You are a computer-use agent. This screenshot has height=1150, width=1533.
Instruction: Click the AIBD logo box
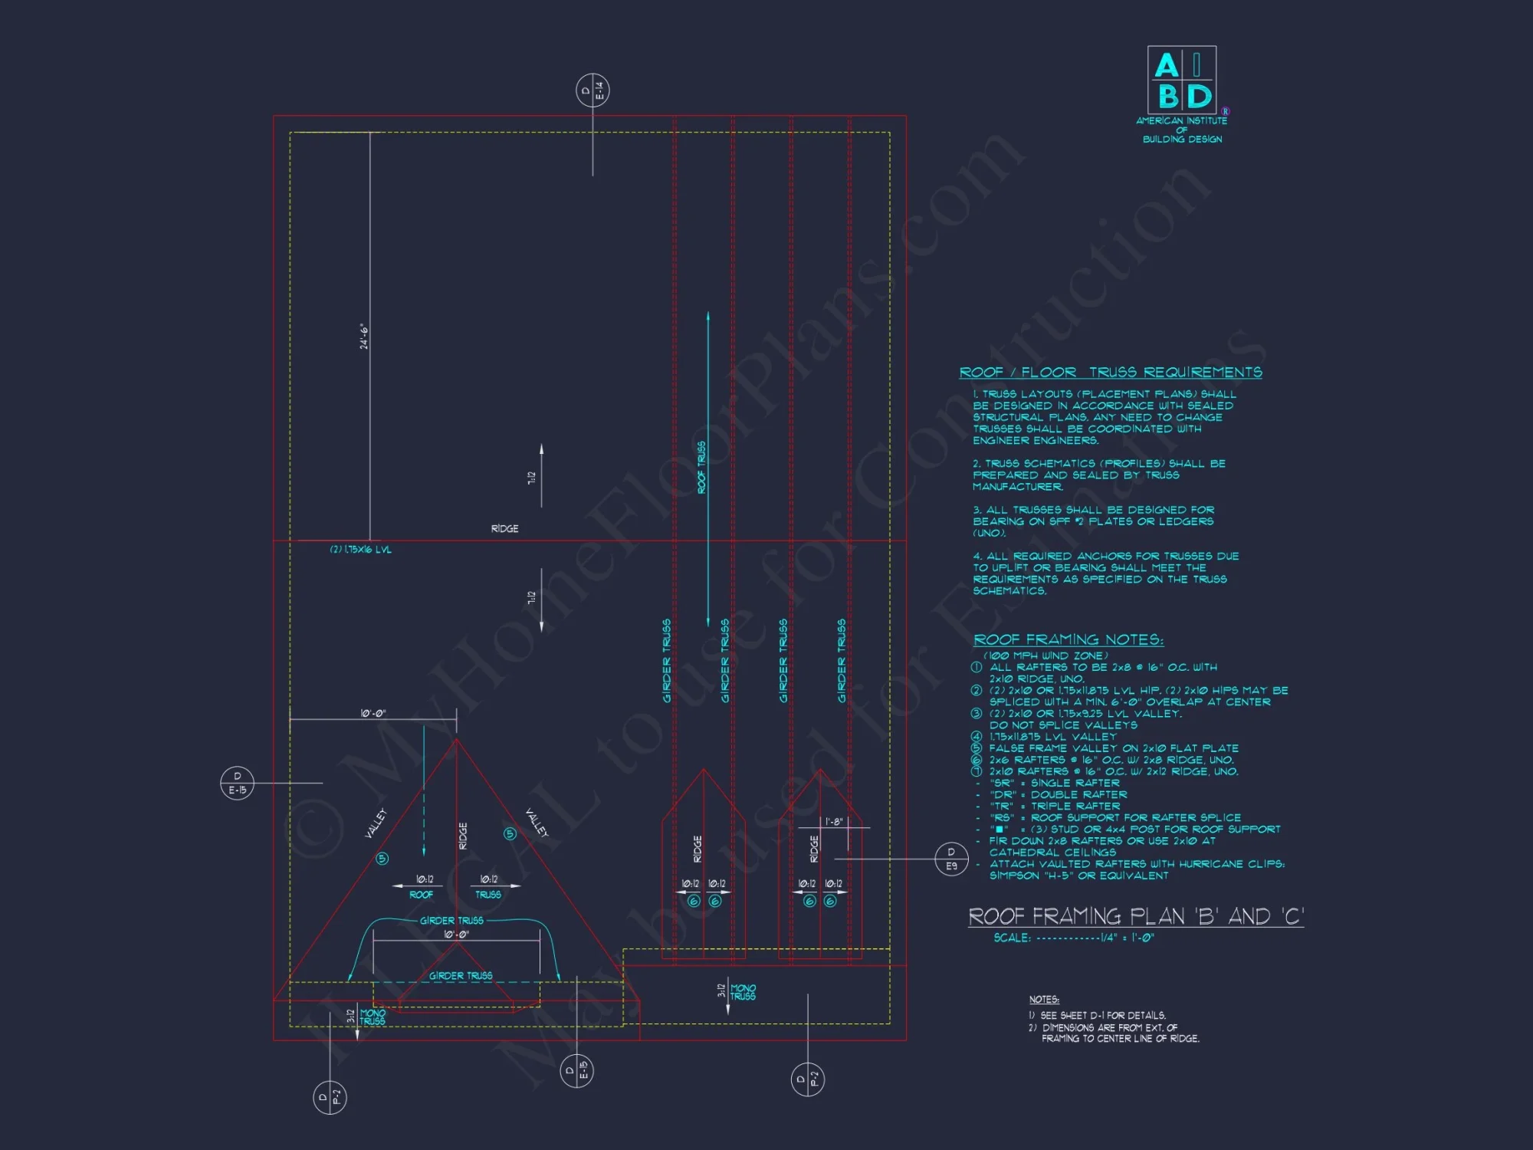(1181, 80)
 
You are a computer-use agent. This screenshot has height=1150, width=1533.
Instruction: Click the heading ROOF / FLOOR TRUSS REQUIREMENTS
(1111, 373)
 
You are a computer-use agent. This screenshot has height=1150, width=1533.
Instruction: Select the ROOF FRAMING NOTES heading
(1069, 639)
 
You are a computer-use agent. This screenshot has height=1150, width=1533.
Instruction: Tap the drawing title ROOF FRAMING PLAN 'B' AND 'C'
(1136, 916)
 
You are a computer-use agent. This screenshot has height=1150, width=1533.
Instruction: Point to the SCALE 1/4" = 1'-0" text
(1074, 938)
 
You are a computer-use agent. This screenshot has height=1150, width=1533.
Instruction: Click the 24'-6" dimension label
(364, 337)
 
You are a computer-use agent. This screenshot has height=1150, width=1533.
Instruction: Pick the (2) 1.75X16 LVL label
(360, 550)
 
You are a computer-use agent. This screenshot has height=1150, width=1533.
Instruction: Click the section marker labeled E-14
(593, 90)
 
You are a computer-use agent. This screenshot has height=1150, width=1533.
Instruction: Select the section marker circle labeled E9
(951, 859)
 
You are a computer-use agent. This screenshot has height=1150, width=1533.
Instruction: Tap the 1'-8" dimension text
(834, 822)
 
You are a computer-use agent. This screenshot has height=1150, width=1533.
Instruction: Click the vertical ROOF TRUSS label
(701, 468)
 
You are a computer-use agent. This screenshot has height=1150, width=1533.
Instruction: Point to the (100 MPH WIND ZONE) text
(1046, 655)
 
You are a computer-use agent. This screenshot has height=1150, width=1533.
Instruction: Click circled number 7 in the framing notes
(977, 771)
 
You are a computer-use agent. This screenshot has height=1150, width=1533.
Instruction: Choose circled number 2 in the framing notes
(977, 691)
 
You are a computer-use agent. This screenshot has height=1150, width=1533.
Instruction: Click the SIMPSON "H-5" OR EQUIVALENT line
(1078, 876)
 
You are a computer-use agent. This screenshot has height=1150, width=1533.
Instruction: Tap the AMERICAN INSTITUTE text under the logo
(1181, 121)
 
